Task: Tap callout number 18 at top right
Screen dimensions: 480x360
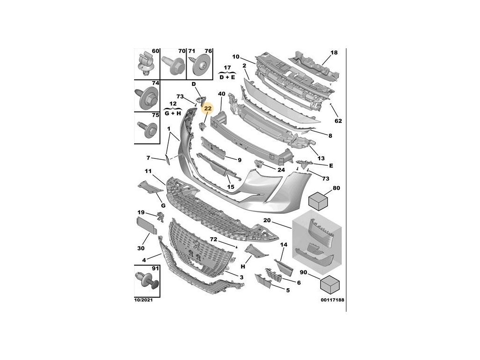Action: [x=333, y=53]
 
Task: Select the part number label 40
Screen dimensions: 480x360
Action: [x=222, y=94]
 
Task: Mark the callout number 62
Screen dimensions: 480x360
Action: [x=338, y=121]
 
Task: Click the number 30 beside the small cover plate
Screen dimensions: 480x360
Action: [x=141, y=248]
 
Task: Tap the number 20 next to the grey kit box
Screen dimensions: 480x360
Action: [x=267, y=221]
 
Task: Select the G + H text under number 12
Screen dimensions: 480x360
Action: [x=172, y=113]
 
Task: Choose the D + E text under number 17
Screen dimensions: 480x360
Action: [x=227, y=77]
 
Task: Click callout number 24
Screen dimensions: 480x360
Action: [x=281, y=170]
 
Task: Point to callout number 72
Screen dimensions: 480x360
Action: [x=213, y=239]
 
